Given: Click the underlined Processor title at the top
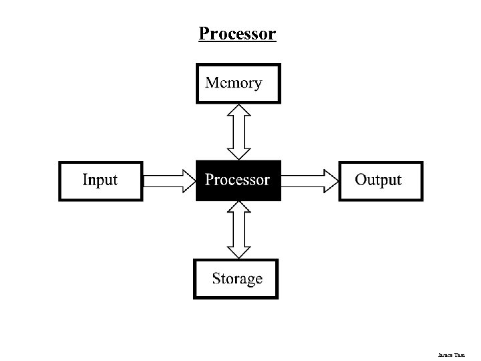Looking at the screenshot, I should click(237, 33).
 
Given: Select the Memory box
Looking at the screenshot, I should click(238, 84).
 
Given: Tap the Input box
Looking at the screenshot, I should click(101, 180).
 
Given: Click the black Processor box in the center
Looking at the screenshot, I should click(238, 180).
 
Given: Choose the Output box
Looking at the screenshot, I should click(380, 180).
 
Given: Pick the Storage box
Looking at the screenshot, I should click(236, 279).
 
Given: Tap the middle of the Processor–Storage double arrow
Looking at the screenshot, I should click(238, 230).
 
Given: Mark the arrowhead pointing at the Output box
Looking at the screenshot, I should click(331, 180).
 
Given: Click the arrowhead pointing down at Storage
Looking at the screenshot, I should click(238, 251).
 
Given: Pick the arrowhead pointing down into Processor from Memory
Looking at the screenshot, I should click(238, 153).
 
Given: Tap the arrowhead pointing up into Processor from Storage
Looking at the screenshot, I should click(238, 209).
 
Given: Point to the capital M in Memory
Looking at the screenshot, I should click(212, 83).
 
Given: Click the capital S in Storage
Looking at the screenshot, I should click(217, 278).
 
